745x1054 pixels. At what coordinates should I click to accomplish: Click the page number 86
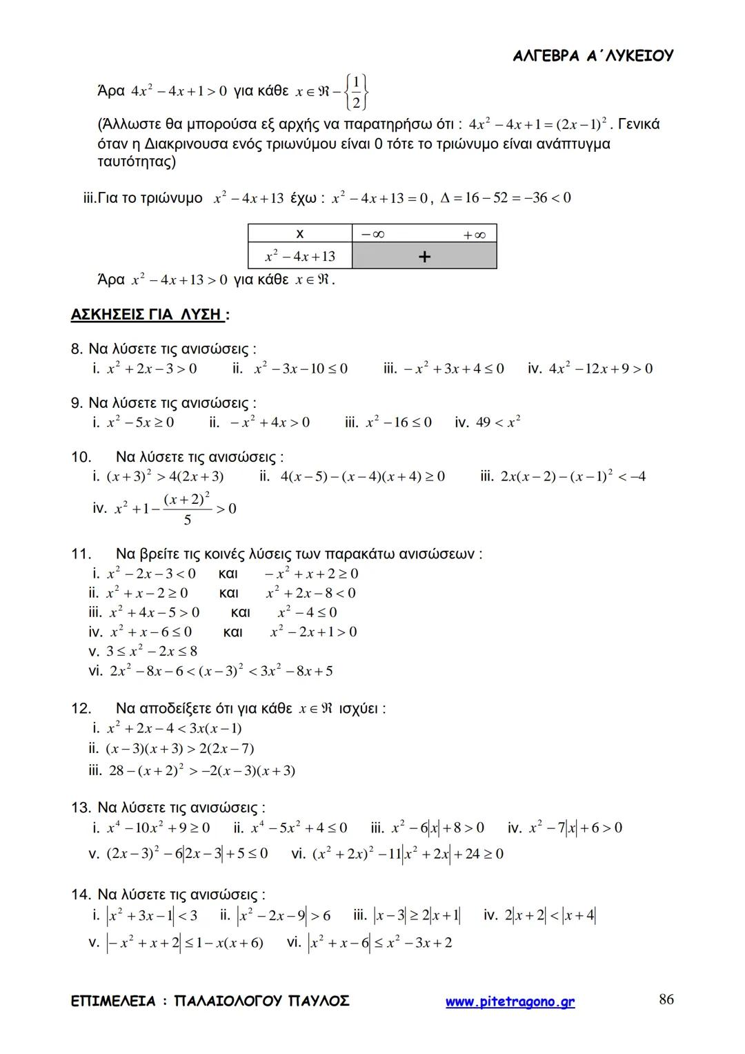coord(666,999)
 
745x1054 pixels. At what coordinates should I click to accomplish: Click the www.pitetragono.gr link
coord(510,1002)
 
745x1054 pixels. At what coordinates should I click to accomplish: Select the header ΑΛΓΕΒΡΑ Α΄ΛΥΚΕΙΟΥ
coord(593,56)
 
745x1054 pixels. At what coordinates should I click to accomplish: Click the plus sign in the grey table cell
coord(424,257)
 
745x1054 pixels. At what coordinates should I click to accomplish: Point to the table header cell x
coord(300,234)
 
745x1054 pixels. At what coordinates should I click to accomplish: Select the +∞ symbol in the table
coord(475,235)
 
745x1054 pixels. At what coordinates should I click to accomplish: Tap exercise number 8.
coord(77,349)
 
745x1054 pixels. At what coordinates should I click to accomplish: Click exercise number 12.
coord(81,708)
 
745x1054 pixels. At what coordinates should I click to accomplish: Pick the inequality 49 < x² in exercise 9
coord(498,422)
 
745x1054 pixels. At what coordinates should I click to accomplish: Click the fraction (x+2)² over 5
coord(187,509)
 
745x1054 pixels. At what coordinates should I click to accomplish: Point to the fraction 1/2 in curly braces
coord(356,92)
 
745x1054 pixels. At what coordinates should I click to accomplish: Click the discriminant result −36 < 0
coord(543,198)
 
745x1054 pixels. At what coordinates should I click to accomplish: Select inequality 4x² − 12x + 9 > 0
coord(600,368)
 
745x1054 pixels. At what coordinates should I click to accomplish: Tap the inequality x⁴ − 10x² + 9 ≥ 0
coord(159,827)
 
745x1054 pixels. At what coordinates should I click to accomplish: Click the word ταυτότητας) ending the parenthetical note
coord(137,162)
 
